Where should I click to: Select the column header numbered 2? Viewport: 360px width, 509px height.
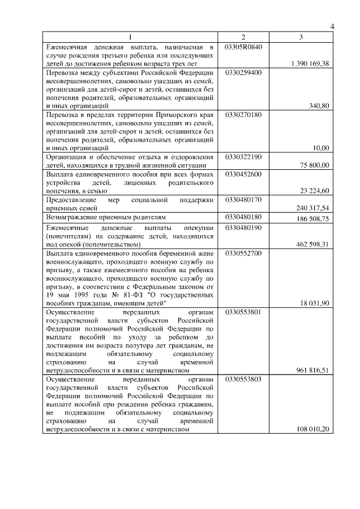click(243, 37)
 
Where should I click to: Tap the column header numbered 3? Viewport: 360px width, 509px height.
click(301, 37)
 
